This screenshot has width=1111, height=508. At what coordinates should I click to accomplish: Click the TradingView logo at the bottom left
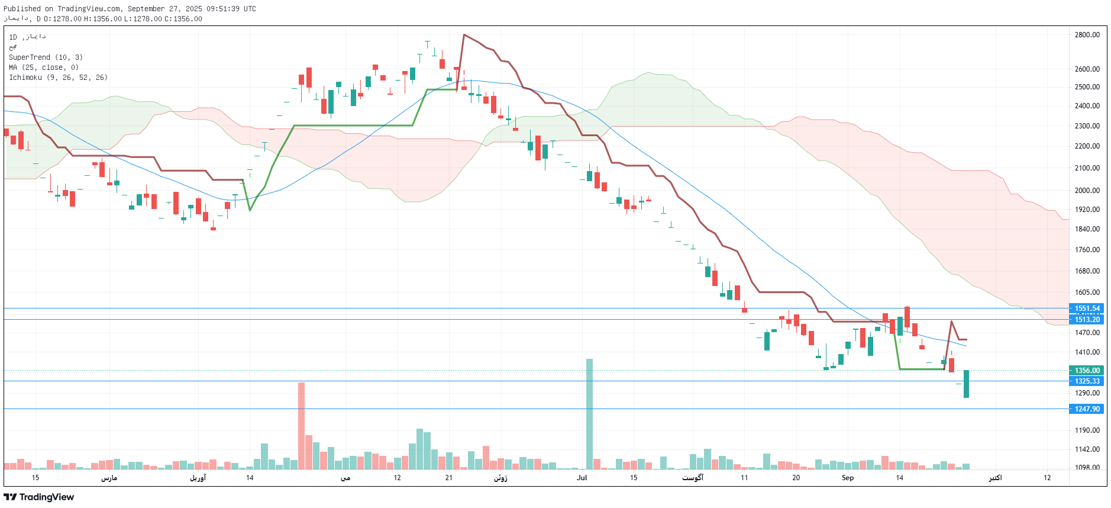pyautogui.click(x=39, y=497)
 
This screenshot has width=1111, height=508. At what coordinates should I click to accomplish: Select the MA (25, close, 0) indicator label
pyautogui.click(x=44, y=67)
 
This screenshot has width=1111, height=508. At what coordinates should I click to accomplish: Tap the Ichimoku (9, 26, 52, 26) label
pyautogui.click(x=58, y=78)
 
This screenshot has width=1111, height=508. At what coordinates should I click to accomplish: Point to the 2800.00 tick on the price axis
pyautogui.click(x=1087, y=35)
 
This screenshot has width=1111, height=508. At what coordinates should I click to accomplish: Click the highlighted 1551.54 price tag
pyautogui.click(x=1087, y=308)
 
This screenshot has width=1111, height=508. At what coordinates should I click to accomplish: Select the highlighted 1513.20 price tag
pyautogui.click(x=1087, y=320)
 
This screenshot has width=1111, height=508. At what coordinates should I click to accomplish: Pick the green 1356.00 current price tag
pyautogui.click(x=1087, y=371)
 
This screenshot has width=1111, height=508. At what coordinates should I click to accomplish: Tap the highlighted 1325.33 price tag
pyautogui.click(x=1087, y=381)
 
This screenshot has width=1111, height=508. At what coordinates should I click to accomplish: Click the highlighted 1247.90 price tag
pyautogui.click(x=1087, y=409)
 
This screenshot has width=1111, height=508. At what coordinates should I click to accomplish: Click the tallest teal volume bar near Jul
pyautogui.click(x=589, y=414)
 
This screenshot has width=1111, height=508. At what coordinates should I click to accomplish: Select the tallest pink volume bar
pyautogui.click(x=301, y=426)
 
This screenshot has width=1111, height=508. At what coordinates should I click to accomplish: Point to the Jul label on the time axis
pyautogui.click(x=582, y=478)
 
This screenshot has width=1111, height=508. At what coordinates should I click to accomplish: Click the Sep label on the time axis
pyautogui.click(x=848, y=478)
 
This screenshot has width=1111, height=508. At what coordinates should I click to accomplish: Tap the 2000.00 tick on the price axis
pyautogui.click(x=1087, y=191)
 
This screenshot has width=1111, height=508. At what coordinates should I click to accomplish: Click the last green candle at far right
pyautogui.click(x=966, y=384)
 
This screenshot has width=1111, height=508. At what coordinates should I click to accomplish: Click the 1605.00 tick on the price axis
pyautogui.click(x=1087, y=292)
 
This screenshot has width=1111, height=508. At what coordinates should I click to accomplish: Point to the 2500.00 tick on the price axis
pyautogui.click(x=1087, y=87)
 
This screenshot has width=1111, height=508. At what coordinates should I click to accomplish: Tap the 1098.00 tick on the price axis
pyautogui.click(x=1087, y=467)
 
